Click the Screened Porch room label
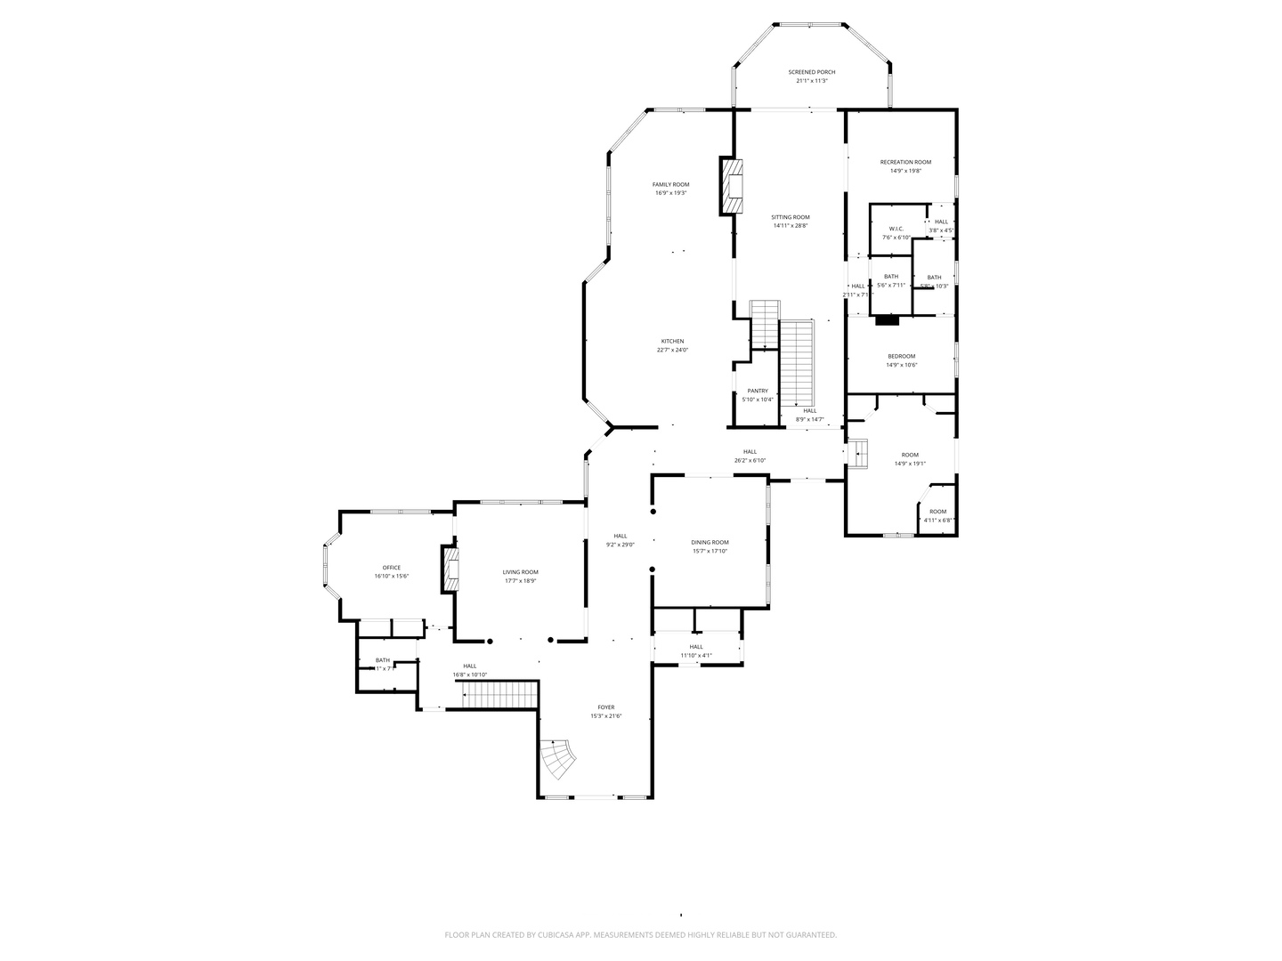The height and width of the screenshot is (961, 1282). pyautogui.click(x=811, y=72)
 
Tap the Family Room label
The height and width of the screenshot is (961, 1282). pyautogui.click(x=670, y=184)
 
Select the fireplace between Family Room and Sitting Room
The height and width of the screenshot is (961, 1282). pyautogui.click(x=731, y=186)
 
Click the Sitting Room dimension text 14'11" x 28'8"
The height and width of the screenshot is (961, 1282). pyautogui.click(x=790, y=226)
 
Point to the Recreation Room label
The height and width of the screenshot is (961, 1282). pyautogui.click(x=905, y=162)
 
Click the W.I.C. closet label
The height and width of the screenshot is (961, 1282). pyautogui.click(x=896, y=229)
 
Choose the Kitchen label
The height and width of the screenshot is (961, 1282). pyautogui.click(x=672, y=342)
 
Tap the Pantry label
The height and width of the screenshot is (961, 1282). pyautogui.click(x=758, y=391)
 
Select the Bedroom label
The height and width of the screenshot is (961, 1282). pyautogui.click(x=901, y=356)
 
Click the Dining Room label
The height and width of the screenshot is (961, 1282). pyautogui.click(x=710, y=542)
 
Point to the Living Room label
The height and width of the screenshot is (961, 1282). pyautogui.click(x=520, y=572)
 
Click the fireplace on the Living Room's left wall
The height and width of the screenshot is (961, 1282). pyautogui.click(x=450, y=569)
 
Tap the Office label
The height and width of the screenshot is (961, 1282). pyautogui.click(x=391, y=568)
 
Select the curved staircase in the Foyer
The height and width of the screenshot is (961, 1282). pyautogui.click(x=559, y=759)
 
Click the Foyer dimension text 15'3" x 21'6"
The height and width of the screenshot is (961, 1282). pyautogui.click(x=605, y=716)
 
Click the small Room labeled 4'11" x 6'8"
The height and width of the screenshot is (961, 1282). pyautogui.click(x=937, y=516)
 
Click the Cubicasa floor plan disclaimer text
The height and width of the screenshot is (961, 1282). pyautogui.click(x=640, y=935)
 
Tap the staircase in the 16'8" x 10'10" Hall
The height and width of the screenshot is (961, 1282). pyautogui.click(x=500, y=694)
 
